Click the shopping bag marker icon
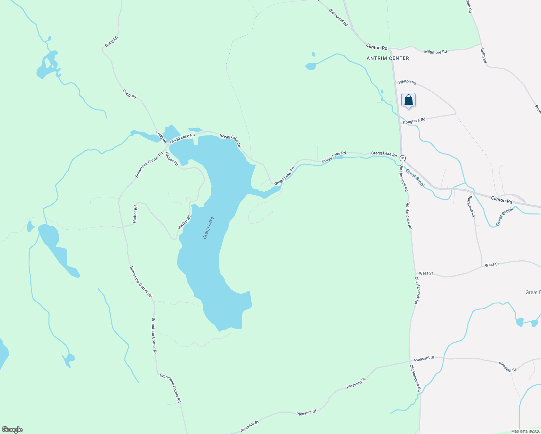pos(408,100)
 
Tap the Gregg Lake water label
pos(208,228)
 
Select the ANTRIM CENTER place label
pos(388,58)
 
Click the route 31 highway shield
pos(403,158)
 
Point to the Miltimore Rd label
pos(435,52)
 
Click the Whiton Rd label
pos(407,82)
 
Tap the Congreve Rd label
pos(414,121)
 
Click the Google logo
pos(12,430)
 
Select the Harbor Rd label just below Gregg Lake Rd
pos(172,159)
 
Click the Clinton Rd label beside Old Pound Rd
pos(376,47)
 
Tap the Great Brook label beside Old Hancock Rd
pos(415,178)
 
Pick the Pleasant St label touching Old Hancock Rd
pos(424,358)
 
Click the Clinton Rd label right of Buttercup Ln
pos(502,200)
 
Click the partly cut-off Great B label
pos(533,292)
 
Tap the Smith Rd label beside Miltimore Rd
pos(484,55)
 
